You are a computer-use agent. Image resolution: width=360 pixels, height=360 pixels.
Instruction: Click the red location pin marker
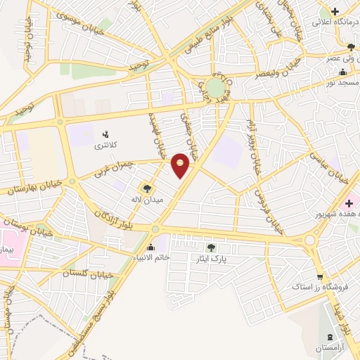tap(181, 165)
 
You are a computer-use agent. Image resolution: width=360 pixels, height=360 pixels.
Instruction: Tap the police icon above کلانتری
tap(105, 134)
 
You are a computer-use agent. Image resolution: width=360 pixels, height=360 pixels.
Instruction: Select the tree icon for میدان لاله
tap(147, 188)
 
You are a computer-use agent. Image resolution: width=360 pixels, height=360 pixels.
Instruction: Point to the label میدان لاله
tap(145, 200)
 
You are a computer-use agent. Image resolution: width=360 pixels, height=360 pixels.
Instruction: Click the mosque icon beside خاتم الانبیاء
tap(150, 247)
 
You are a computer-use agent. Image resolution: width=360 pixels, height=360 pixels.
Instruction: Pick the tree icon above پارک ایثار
tap(211, 247)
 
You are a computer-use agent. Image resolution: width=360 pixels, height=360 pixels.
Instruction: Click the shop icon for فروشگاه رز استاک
tap(320, 276)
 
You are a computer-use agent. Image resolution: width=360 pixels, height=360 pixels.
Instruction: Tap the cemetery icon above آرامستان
tap(330, 337)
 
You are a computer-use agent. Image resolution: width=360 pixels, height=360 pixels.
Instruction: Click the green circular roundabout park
tap(215, 88)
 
